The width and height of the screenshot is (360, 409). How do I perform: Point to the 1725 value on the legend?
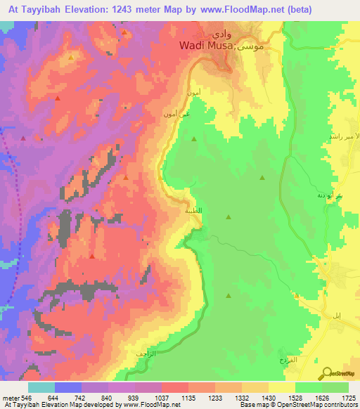(x=347, y=398)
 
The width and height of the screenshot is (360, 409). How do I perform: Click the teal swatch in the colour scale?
(x=41, y=387)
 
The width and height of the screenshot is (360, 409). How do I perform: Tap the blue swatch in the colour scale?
(x=68, y=387)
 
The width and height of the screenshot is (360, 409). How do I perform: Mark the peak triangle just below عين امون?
(x=194, y=139)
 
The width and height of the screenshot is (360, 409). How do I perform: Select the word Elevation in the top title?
(x=96, y=8)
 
